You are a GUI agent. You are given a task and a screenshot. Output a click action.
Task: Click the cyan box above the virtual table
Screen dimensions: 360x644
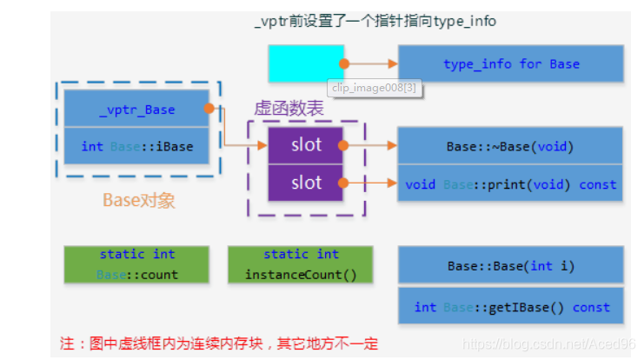pyautogui.click(x=305, y=63)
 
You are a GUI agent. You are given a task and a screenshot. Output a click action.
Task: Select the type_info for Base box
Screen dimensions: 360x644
pyautogui.click(x=510, y=63)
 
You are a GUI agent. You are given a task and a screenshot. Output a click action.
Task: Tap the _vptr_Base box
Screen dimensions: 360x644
pyautogui.click(x=136, y=110)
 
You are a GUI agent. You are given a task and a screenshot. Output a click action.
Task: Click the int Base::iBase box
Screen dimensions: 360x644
pyautogui.click(x=136, y=146)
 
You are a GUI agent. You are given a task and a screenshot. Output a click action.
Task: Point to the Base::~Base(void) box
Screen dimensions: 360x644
pyautogui.click(x=510, y=146)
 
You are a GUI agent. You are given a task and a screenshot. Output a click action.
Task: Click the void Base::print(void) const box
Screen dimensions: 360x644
pyautogui.click(x=510, y=184)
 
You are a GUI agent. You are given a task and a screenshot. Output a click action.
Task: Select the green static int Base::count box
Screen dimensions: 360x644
pyautogui.click(x=136, y=264)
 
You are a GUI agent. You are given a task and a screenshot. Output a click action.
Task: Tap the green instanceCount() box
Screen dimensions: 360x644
pyautogui.click(x=301, y=264)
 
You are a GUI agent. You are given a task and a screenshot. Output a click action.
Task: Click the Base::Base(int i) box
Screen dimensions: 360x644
pyautogui.click(x=510, y=265)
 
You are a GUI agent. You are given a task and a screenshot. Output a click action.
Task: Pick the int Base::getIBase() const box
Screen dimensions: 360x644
pyautogui.click(x=510, y=307)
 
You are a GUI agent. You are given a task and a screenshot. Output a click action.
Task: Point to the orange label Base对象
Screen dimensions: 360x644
pyautogui.click(x=139, y=201)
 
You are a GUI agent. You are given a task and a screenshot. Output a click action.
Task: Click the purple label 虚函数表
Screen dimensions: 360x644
pyautogui.click(x=289, y=108)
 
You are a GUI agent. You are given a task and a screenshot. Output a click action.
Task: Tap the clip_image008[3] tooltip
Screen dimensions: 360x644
pyautogui.click(x=375, y=87)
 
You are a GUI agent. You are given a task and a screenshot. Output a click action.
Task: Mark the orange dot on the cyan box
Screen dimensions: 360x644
pyautogui.click(x=345, y=63)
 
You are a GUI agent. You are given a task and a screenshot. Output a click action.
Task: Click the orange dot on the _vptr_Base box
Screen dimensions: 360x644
pyautogui.click(x=209, y=109)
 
